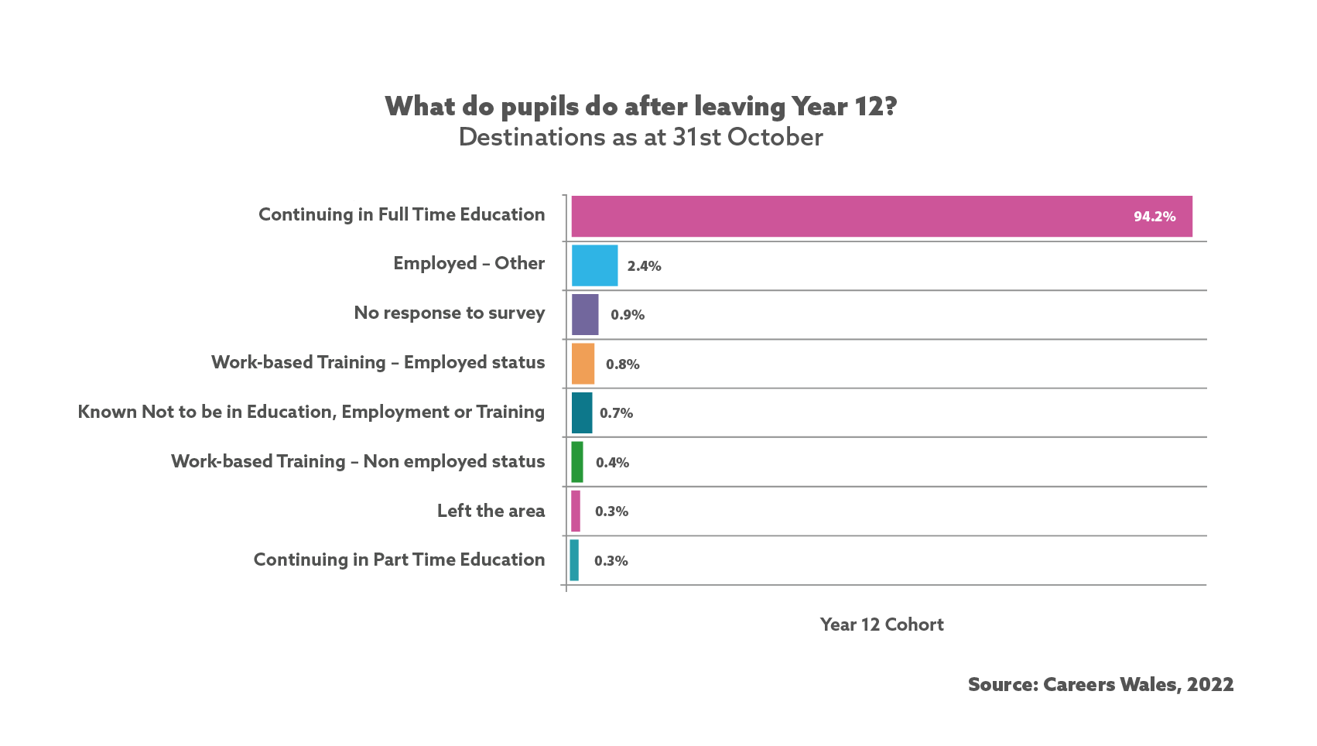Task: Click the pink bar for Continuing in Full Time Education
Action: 881,217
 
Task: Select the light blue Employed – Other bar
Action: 594,265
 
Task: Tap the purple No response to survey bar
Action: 585,314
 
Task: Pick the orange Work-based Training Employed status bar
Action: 583,364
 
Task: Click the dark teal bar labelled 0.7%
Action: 582,412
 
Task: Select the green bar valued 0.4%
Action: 577,462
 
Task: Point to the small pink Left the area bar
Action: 576,511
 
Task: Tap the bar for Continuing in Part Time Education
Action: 574,560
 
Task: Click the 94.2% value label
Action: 1155,217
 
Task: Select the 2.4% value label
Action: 644,266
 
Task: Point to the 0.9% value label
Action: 628,315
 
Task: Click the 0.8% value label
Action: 622,364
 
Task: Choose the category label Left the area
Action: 491,511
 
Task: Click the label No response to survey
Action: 450,313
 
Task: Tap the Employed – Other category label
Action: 469,263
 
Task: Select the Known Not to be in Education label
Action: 311,412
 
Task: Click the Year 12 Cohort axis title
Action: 881,625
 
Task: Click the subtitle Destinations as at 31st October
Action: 641,137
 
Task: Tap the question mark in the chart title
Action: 891,106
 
